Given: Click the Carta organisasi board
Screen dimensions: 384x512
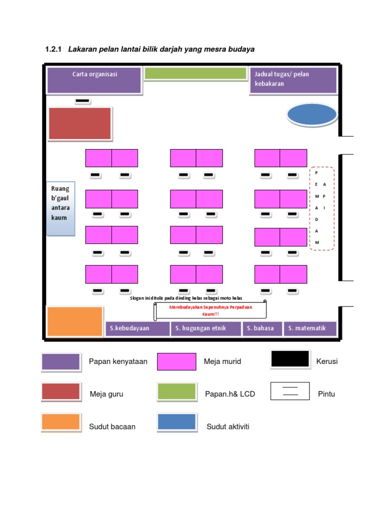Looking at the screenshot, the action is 94,80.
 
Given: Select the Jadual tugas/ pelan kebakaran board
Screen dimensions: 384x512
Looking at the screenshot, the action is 293,80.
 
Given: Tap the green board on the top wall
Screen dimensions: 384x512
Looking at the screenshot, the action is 195,73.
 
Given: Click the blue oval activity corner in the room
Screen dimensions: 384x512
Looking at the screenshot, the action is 312,114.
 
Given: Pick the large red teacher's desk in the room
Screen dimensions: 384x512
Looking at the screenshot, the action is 80,123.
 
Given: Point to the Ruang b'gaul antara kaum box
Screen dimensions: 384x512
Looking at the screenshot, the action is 60,208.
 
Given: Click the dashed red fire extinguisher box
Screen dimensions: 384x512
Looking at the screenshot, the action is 322,208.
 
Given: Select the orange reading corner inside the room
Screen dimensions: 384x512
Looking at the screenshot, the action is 74,321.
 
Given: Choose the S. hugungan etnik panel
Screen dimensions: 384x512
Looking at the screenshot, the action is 205,329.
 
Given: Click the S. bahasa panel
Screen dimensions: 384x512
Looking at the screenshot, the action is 262,329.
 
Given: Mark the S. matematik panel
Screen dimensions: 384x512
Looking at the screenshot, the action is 310,329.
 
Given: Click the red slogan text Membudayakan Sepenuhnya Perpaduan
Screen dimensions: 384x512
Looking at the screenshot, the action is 210,307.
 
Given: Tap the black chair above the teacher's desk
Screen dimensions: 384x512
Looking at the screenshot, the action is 82,101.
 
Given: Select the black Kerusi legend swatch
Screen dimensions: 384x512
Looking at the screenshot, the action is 290,359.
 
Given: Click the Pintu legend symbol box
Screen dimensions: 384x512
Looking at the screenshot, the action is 290,391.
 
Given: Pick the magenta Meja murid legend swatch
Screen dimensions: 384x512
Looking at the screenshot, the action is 176,361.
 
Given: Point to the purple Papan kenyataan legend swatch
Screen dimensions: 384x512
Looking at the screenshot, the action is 60,361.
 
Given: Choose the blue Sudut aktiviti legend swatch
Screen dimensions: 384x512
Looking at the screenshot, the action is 176,422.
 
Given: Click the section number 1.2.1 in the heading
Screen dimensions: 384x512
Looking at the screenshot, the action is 52,49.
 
